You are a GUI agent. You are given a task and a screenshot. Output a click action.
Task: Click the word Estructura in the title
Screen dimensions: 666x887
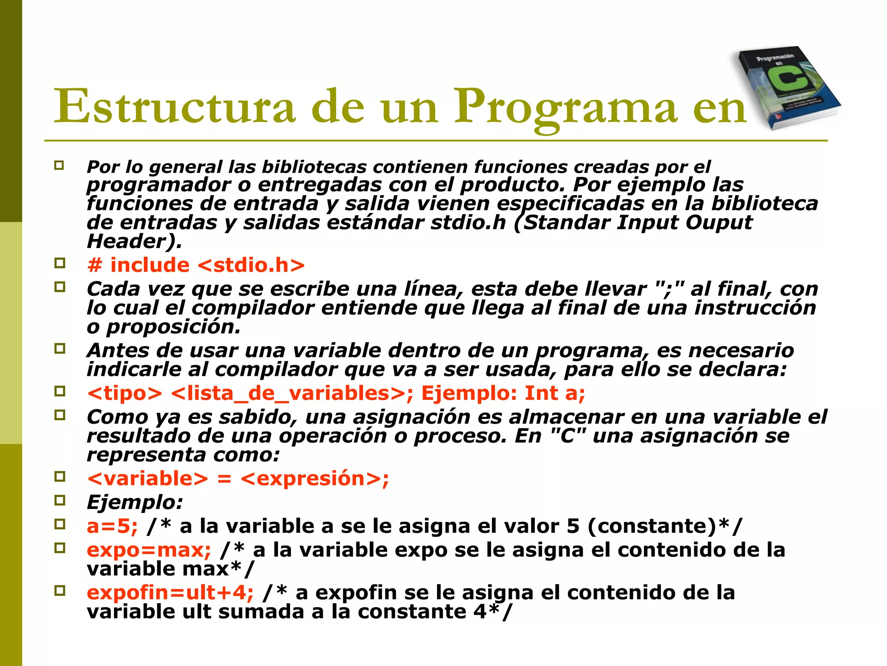tap(174, 106)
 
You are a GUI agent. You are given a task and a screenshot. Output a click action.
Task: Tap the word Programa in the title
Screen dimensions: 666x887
tap(565, 106)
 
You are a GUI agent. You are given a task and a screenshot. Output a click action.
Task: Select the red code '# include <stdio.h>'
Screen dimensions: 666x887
tap(196, 265)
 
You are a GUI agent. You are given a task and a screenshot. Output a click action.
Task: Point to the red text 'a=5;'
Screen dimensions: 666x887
tap(112, 526)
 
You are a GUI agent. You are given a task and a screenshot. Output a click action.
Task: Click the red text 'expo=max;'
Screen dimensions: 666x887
tap(149, 550)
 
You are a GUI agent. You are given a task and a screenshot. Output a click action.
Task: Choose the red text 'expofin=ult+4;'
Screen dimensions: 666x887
tap(170, 592)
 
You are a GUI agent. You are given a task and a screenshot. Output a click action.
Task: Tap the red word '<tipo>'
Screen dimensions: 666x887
tap(125, 393)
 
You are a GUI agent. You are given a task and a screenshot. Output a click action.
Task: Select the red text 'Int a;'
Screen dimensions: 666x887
tap(555, 393)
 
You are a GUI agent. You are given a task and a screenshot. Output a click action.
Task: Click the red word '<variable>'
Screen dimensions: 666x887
tap(148, 479)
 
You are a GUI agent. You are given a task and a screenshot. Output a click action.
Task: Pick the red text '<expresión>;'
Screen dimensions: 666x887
tap(315, 479)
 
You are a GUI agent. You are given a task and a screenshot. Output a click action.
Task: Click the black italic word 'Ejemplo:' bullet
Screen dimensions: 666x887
tap(135, 503)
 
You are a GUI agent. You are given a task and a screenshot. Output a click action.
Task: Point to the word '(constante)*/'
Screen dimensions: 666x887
tap(665, 526)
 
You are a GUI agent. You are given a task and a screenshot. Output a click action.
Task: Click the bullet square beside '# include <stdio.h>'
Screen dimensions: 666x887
tap(60, 263)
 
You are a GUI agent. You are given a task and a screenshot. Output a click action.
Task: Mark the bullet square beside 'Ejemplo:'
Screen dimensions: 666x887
tap(60, 501)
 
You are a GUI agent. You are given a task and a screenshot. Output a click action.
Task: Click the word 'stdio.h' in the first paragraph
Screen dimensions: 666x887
tap(468, 223)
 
